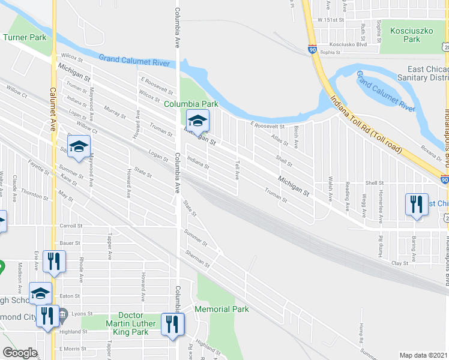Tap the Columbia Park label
(191, 104)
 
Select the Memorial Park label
(221, 309)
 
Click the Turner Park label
(25, 37)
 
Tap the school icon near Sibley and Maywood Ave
(79, 147)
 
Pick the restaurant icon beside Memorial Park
(172, 325)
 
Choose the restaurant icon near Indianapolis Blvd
(416, 205)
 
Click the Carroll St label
(71, 226)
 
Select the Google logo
(20, 353)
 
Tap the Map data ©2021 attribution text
(424, 355)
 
